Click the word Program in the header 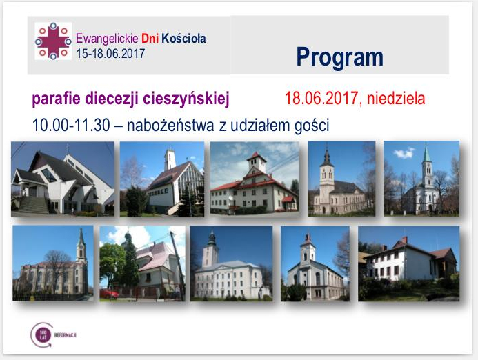coord(339,56)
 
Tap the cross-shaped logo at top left coord(53,41)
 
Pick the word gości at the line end coord(311,126)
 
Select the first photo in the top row coord(62,179)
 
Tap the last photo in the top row coord(421,177)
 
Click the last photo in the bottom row coord(408,263)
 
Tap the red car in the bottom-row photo coord(109,293)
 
